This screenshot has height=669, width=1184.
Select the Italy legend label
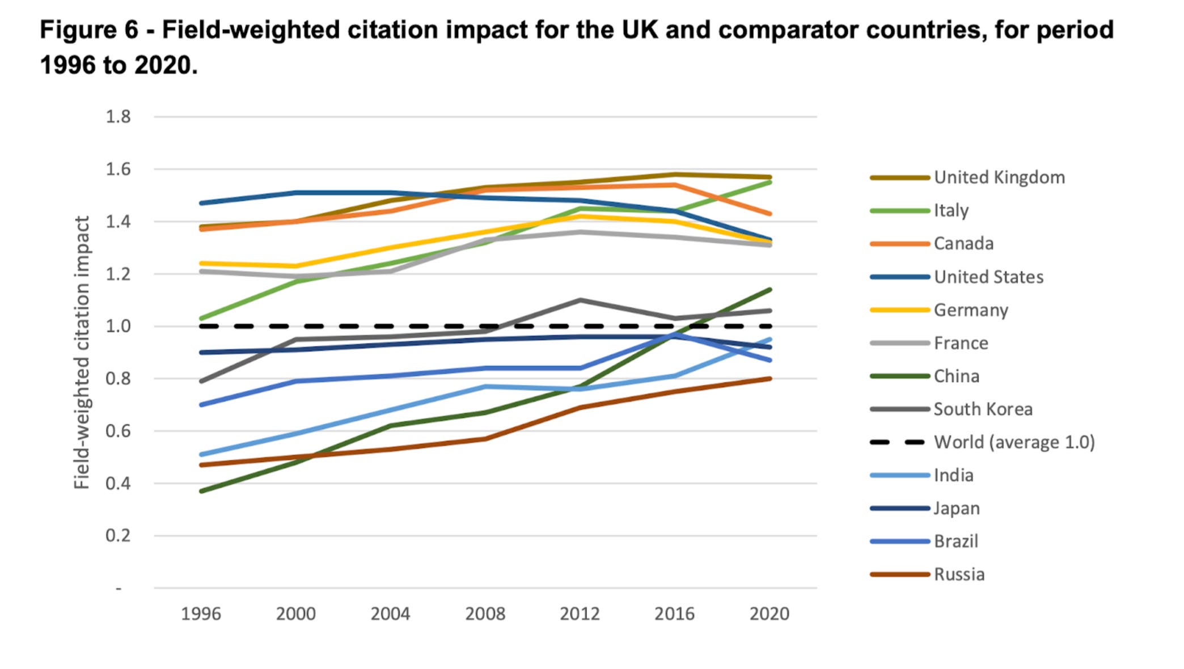951,210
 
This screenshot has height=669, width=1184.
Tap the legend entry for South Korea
983,409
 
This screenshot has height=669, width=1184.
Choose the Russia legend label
959,574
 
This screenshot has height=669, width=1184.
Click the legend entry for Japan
957,509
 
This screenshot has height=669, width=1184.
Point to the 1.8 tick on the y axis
118,117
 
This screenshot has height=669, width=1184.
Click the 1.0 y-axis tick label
118,327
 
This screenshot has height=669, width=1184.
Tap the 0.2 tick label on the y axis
118,536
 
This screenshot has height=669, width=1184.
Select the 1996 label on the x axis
201,614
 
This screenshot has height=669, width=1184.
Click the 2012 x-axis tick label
580,614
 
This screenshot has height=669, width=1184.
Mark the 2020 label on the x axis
769,614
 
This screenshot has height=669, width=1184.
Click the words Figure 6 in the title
89,30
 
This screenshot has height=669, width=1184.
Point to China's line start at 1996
201,491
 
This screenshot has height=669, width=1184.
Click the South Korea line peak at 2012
580,300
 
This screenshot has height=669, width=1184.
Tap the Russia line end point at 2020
769,379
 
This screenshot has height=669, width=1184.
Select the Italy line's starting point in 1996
201,319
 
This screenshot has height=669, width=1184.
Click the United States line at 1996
201,203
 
